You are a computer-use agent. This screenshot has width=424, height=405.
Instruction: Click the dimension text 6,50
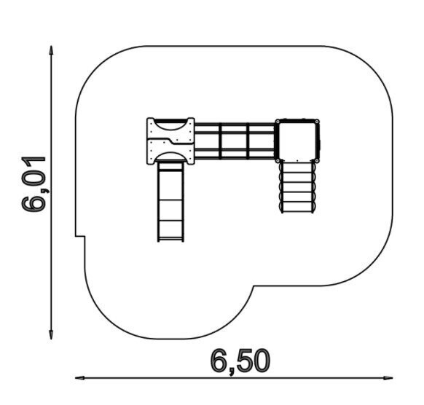point(240,360)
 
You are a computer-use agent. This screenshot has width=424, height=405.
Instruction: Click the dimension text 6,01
point(35,183)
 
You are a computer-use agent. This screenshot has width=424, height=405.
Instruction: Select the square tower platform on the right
point(297,140)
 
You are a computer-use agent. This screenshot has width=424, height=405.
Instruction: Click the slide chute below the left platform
point(171,200)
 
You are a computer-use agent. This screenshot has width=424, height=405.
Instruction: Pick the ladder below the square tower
point(297,186)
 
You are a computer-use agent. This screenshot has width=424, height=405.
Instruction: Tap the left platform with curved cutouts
point(171,141)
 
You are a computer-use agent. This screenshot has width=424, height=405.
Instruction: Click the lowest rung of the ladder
point(297,208)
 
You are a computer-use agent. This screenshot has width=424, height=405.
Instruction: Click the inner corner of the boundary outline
point(254,288)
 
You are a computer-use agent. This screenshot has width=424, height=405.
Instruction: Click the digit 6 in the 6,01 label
point(35,203)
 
